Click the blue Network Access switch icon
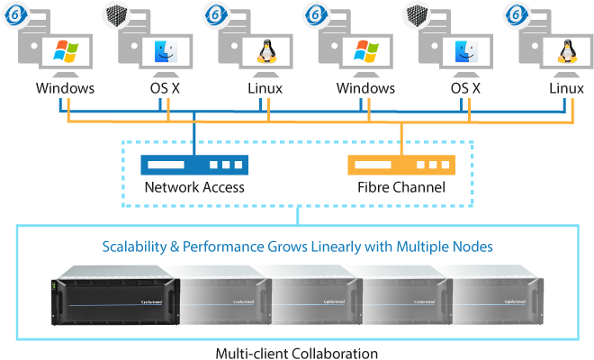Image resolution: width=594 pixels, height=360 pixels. pyautogui.click(x=193, y=166)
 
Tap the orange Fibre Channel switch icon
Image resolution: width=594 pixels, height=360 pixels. pyautogui.click(x=400, y=166)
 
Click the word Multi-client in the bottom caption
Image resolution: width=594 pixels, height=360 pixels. pyautogui.click(x=253, y=353)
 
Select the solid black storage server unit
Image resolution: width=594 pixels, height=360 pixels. pyautogui.click(x=116, y=298)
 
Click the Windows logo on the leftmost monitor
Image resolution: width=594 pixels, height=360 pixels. pyautogui.click(x=66, y=50)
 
